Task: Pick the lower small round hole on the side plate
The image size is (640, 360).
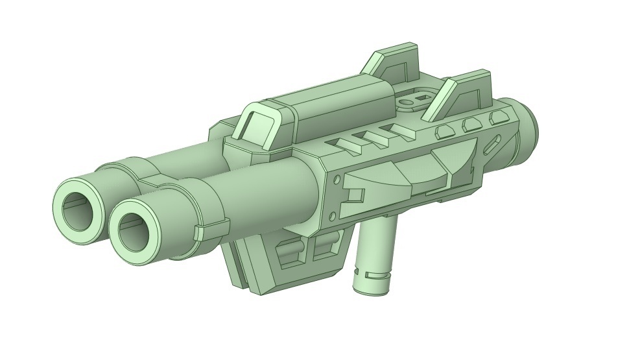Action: (332, 215)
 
